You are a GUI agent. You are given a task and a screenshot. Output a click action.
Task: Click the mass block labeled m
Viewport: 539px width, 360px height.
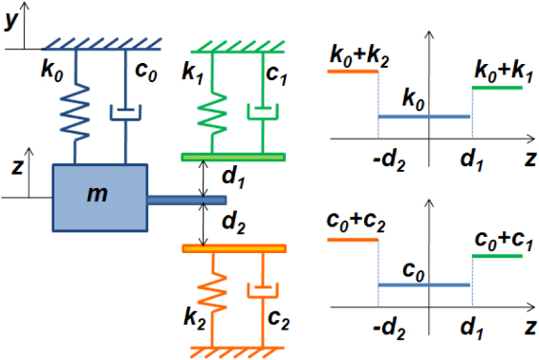tap(99, 197)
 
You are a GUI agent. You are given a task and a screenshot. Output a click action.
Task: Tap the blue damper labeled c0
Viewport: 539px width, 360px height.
tap(125, 112)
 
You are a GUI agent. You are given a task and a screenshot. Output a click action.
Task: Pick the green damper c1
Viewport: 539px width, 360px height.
tap(261, 112)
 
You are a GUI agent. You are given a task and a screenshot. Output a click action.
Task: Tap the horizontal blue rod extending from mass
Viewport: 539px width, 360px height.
tap(186, 200)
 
